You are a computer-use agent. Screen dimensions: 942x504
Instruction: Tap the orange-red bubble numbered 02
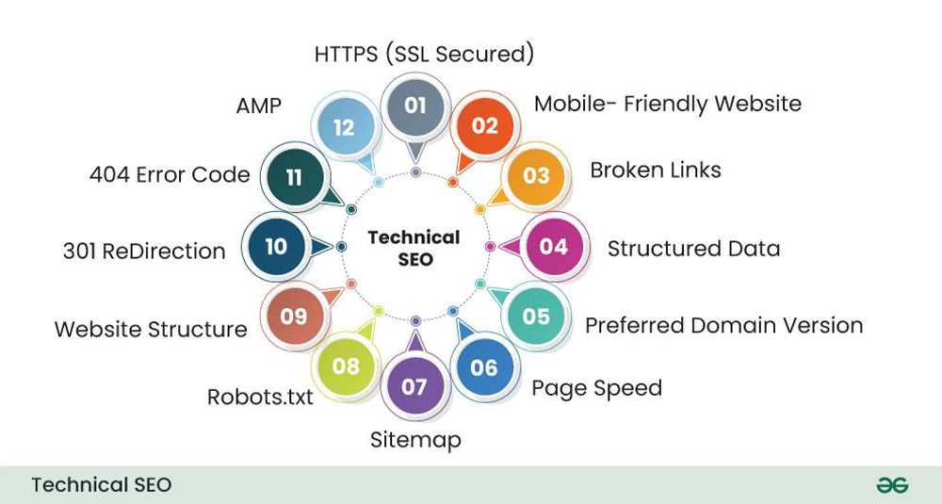pyautogui.click(x=485, y=125)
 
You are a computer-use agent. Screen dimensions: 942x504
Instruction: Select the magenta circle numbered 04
pyautogui.click(x=553, y=246)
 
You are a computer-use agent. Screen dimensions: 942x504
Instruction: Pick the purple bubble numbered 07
pyautogui.click(x=414, y=386)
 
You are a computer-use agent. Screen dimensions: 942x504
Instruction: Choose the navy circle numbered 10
pyautogui.click(x=276, y=246)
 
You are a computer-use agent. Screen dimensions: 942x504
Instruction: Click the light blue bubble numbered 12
pyautogui.click(x=344, y=127)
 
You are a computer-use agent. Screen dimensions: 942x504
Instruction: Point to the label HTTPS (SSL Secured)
pyautogui.click(x=424, y=54)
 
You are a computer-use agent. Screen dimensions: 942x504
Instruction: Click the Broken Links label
pyautogui.click(x=656, y=170)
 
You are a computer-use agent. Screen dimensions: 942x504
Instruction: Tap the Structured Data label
pyautogui.click(x=694, y=249)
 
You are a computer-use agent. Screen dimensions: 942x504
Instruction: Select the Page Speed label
pyautogui.click(x=597, y=389)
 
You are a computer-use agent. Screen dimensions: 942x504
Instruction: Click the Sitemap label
pyautogui.click(x=415, y=440)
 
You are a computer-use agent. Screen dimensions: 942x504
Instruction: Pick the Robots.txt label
pyautogui.click(x=260, y=397)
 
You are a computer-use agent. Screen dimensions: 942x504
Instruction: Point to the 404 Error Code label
pyautogui.click(x=170, y=175)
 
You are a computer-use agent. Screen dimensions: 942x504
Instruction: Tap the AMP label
pyautogui.click(x=259, y=106)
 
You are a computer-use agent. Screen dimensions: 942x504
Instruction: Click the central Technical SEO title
pyautogui.click(x=414, y=248)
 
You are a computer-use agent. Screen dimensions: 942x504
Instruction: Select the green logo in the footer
pyautogui.click(x=892, y=485)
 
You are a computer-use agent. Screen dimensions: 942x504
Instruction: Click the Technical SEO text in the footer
pyautogui.click(x=102, y=485)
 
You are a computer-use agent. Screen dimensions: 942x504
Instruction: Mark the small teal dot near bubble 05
pyautogui.click(x=480, y=284)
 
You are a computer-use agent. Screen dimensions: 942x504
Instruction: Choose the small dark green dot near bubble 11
pyautogui.click(x=351, y=209)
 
